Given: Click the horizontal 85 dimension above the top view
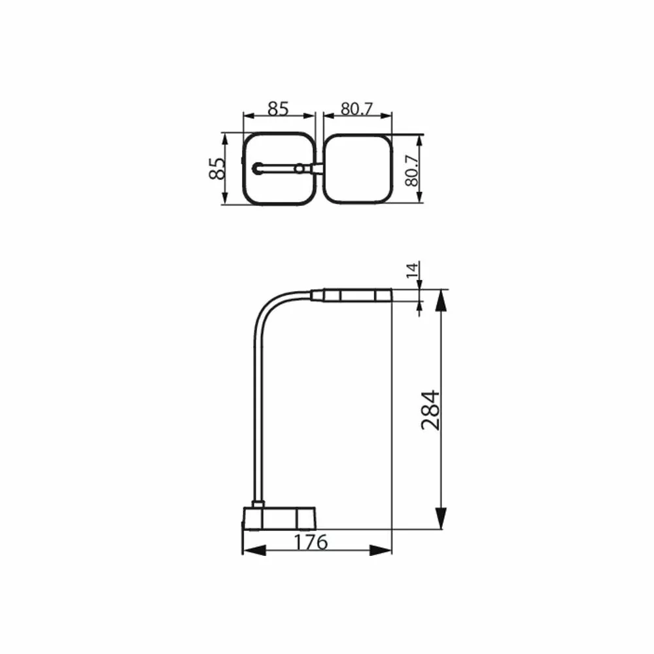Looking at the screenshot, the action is [278, 109].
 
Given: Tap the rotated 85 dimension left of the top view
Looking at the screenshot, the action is [217, 169].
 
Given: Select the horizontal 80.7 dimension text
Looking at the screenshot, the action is [356, 109].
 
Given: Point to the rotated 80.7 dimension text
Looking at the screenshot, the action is [411, 171].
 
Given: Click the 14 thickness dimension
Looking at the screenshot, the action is [412, 270].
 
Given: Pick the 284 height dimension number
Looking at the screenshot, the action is [430, 410].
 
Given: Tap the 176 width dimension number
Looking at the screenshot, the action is [311, 542].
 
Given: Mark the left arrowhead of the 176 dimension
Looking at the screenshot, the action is [254, 551].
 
